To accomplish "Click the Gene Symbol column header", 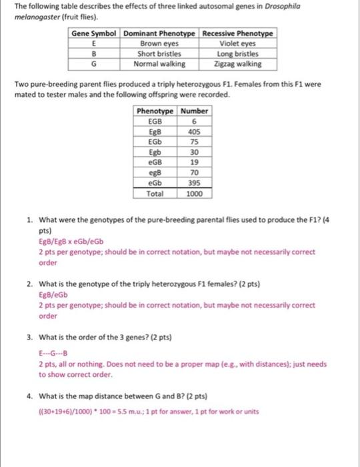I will (x=94, y=33).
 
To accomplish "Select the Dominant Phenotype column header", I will (x=159, y=33).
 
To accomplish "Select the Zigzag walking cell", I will (x=238, y=64).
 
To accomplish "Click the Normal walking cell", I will (x=159, y=64).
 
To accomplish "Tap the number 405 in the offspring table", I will (x=194, y=131).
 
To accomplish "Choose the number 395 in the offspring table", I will (x=194, y=182).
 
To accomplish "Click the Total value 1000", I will (x=194, y=193).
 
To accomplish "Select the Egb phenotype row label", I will (x=155, y=151).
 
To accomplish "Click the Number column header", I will (x=194, y=111).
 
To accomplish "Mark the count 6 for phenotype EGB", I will (x=194, y=121).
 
